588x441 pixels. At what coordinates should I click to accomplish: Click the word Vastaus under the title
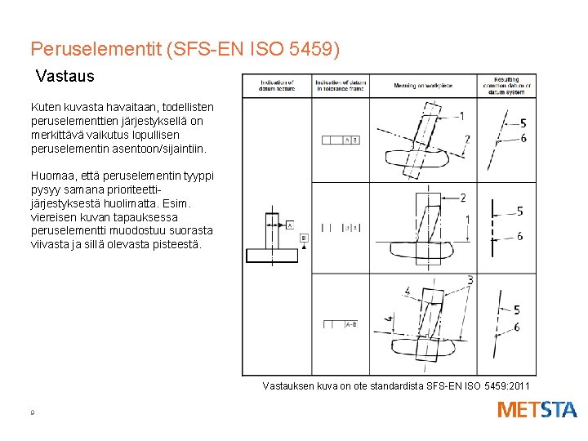(65, 77)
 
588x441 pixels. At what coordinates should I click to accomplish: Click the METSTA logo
(537, 409)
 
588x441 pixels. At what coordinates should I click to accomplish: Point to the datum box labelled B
(305, 238)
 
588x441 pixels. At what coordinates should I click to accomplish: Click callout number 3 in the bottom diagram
(470, 280)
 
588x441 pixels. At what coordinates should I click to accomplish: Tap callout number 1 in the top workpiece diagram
(462, 116)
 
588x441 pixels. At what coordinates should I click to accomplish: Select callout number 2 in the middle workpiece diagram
(463, 198)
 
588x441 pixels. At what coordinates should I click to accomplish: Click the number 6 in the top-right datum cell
(523, 138)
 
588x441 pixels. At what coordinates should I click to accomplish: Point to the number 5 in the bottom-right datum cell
(516, 310)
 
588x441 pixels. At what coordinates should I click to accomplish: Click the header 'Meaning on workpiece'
(422, 86)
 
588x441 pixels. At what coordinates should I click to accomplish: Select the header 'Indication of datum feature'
(278, 86)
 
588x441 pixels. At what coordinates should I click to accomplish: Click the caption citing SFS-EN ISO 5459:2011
(396, 385)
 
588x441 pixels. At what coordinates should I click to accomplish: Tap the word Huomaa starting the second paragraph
(50, 175)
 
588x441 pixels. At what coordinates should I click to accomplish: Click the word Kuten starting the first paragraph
(44, 107)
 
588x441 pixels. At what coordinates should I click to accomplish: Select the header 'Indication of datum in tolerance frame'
(339, 86)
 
